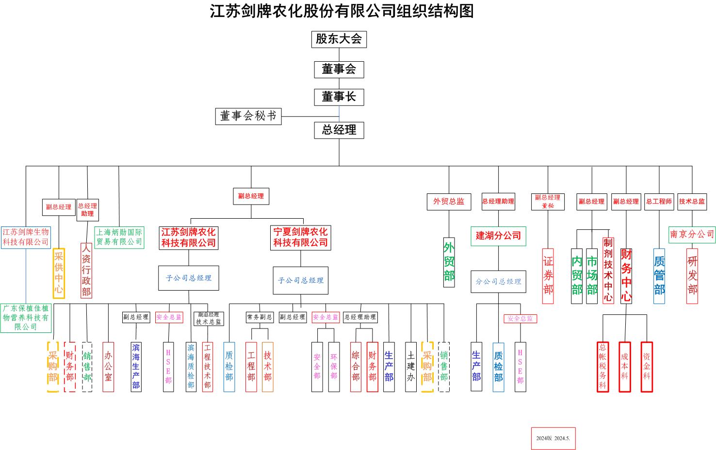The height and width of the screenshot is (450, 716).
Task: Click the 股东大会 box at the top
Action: [339, 39]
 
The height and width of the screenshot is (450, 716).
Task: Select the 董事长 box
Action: [339, 97]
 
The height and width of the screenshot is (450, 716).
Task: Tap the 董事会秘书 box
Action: [248, 116]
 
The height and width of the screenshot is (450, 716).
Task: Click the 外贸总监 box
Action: [449, 202]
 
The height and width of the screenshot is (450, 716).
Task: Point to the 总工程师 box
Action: [659, 202]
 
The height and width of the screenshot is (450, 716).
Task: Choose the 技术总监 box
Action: [692, 202]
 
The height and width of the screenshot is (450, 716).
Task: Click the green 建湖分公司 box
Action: [498, 236]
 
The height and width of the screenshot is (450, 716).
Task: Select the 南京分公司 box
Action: [692, 234]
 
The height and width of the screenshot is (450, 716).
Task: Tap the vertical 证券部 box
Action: [548, 276]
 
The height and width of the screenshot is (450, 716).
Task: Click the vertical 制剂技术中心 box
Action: [608, 270]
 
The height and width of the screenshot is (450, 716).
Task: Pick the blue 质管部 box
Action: [659, 276]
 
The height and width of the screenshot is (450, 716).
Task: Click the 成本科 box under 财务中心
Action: [624, 366]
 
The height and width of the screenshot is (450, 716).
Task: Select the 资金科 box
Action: [646, 366]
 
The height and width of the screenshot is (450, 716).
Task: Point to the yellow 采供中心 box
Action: [59, 274]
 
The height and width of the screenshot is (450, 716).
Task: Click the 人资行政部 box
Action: [86, 270]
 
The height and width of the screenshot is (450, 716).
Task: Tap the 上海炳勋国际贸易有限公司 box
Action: [119, 237]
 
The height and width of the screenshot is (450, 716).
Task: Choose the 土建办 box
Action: [411, 366]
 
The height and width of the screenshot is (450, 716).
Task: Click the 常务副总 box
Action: [260, 317]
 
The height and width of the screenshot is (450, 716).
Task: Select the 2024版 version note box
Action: [553, 438]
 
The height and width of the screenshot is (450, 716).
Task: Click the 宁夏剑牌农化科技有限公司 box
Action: [300, 237]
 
